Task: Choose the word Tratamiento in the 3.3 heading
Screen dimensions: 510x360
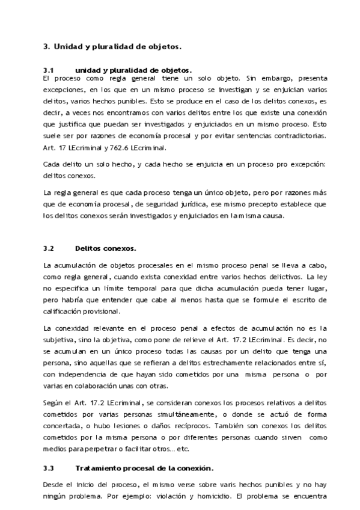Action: tap(98, 468)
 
